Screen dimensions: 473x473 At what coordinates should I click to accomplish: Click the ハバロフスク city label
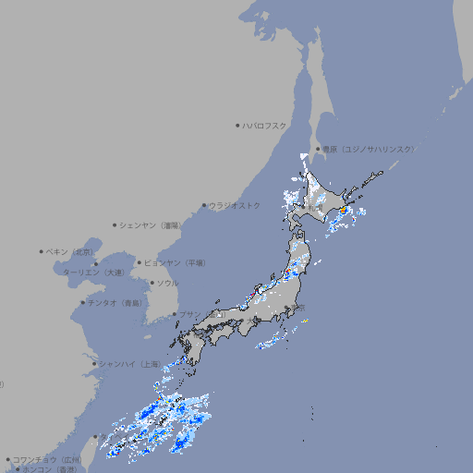265,125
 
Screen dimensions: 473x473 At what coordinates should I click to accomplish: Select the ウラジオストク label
235,205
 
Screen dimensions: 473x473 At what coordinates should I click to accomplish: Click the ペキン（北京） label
70,251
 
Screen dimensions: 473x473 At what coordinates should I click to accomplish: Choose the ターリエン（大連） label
92,273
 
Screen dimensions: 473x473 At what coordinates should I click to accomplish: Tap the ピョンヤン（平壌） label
175,262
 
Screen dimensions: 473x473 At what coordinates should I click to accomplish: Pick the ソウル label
167,283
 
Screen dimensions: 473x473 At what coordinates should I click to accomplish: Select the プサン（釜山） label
189,314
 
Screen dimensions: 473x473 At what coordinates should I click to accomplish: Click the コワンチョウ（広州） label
46,459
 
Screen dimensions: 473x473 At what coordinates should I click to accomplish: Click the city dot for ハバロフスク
237,125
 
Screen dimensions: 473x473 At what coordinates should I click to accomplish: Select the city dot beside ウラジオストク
204,205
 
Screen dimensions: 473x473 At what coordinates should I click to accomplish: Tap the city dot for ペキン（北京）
41,251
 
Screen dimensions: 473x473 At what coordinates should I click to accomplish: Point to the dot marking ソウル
151,283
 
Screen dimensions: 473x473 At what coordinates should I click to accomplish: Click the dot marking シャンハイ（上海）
93,364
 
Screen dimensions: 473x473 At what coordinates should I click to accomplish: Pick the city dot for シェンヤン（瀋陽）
115,224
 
